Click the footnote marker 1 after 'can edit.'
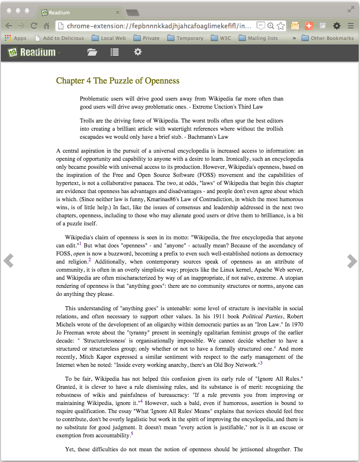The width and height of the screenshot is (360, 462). (x=80, y=244)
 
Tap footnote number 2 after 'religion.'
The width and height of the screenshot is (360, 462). (x=89, y=260)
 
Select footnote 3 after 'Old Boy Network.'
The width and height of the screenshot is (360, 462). (x=261, y=363)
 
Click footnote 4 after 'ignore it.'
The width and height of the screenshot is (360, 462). (x=141, y=401)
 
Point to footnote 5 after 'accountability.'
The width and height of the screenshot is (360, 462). (x=132, y=434)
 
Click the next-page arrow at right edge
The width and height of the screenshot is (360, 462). (x=352, y=261)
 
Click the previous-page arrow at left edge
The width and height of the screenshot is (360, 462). (x=8, y=261)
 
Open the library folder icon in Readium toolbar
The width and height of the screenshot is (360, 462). (x=92, y=53)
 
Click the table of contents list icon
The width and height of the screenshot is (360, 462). (x=115, y=53)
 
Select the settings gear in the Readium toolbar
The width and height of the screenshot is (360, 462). (x=138, y=52)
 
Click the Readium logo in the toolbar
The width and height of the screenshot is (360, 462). (x=33, y=53)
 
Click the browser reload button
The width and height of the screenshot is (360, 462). (x=34, y=26)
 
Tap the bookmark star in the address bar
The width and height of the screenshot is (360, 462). (x=280, y=26)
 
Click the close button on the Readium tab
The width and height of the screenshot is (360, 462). (x=118, y=13)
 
